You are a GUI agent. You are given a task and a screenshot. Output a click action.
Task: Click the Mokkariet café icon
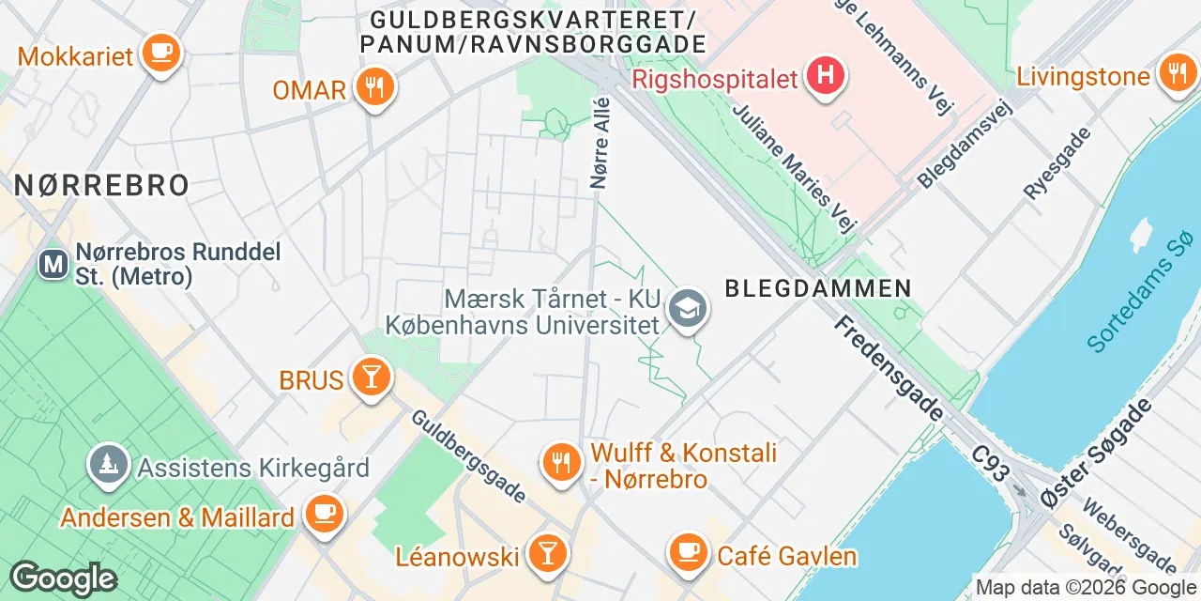click(160, 52)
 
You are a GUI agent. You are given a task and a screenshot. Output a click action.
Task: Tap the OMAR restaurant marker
click(375, 87)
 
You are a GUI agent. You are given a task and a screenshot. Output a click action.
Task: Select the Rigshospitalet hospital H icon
click(826, 74)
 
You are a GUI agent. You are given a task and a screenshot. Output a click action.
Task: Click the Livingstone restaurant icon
click(1177, 73)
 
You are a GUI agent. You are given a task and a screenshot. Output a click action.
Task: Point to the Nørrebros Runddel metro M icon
click(53, 264)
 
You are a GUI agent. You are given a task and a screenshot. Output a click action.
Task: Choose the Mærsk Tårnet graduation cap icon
click(688, 308)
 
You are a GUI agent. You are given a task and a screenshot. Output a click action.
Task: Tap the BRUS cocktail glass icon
click(370, 378)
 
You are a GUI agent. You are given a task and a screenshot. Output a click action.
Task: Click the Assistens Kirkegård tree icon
click(109, 464)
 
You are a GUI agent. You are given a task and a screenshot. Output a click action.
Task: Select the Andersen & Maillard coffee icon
click(325, 514)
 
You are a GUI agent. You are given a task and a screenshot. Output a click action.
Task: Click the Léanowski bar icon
click(545, 553)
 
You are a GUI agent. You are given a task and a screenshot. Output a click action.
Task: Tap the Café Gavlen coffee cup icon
click(688, 552)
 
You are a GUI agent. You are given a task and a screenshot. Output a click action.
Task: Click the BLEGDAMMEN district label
click(817, 288)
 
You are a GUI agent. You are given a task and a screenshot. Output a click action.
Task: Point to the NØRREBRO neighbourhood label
click(101, 185)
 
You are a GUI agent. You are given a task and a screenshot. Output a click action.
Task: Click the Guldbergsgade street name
click(469, 455)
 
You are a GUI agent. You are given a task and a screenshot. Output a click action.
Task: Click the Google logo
click(63, 578)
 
